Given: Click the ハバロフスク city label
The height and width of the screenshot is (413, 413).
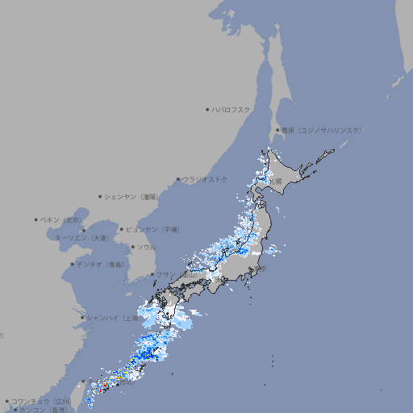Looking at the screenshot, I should coord(232,109).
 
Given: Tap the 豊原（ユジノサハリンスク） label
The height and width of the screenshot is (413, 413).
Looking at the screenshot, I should coord(321,130).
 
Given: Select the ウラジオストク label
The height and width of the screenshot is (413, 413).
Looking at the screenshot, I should coord(205,179).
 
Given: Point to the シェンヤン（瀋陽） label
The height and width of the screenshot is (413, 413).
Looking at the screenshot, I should coord(131,196).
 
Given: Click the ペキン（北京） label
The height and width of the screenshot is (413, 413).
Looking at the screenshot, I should coord(60,219).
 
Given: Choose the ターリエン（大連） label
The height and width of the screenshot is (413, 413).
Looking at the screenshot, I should coord(81,238).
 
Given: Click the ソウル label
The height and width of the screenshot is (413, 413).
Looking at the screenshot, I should coord(145,248).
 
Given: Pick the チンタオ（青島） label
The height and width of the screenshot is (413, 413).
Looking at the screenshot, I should coord(100,264).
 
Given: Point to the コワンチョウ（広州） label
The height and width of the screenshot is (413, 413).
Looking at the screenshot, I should coord(40,401).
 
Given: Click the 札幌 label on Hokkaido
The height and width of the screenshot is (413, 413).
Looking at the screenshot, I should coord(276,181).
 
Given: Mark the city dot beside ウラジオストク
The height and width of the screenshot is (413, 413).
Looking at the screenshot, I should coord(178,180).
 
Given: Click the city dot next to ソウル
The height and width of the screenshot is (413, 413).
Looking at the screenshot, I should coord(132,248).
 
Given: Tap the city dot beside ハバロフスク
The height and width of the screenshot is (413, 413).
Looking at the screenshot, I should coord(207,109).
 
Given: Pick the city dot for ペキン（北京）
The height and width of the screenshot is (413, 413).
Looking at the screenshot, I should coord(35,219).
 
